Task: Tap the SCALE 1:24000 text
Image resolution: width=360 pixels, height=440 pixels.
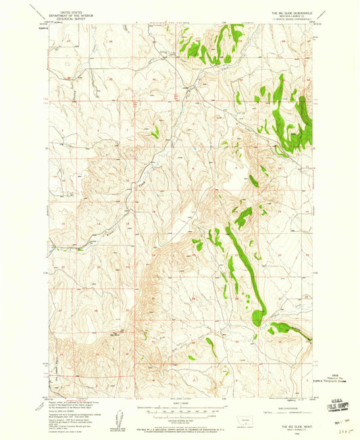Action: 180,404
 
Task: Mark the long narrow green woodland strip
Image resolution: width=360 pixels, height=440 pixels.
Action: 239,257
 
